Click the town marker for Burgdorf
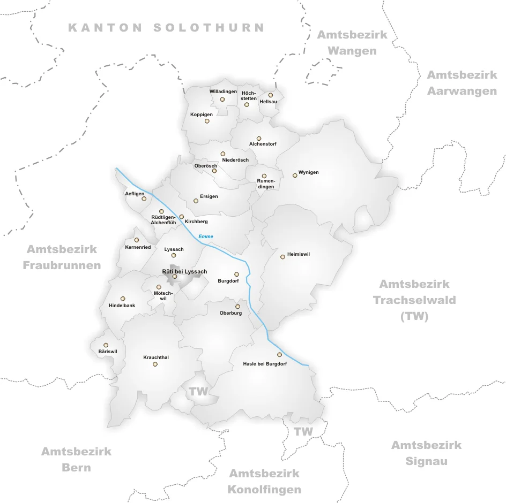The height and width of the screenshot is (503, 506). pyautogui.click(x=236, y=275)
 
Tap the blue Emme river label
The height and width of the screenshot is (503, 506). pyautogui.click(x=205, y=237)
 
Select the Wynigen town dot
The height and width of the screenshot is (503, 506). pyautogui.click(x=295, y=175)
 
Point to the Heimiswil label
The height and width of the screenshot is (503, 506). pyautogui.click(x=299, y=254)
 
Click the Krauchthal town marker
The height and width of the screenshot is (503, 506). pyautogui.click(x=155, y=364)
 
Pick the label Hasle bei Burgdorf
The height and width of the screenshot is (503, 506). pyautogui.click(x=265, y=364)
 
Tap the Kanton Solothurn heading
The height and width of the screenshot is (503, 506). pyautogui.click(x=166, y=28)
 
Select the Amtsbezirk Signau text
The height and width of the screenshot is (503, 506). pyautogui.click(x=426, y=453)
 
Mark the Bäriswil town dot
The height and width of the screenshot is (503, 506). pyautogui.click(x=106, y=345)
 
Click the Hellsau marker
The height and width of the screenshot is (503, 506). pyautogui.click(x=270, y=95)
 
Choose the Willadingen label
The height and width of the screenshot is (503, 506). pyautogui.click(x=223, y=92)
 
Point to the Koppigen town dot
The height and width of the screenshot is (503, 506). pyautogui.click(x=207, y=121)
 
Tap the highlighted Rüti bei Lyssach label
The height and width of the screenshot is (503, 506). pyautogui.click(x=184, y=272)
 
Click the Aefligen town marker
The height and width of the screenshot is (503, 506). pyautogui.click(x=144, y=199)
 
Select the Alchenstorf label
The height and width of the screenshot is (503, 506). pyautogui.click(x=263, y=144)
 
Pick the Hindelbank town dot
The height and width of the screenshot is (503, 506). pyautogui.click(x=123, y=299)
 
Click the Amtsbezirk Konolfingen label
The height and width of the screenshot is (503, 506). pyautogui.click(x=264, y=481)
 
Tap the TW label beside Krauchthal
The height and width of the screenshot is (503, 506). pyautogui.click(x=198, y=392)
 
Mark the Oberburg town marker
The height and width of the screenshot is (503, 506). pyautogui.click(x=237, y=307)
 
